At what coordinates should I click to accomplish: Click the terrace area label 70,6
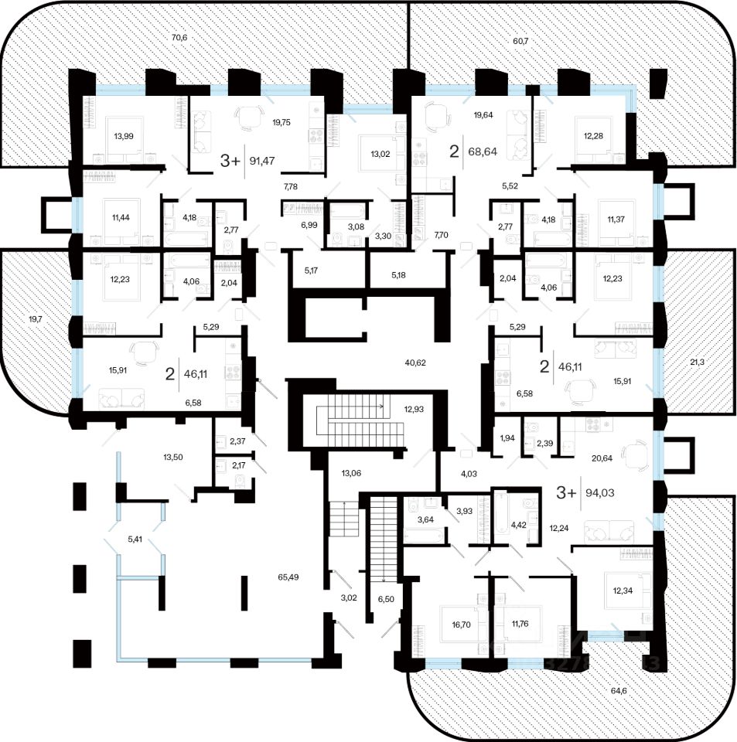(179, 37)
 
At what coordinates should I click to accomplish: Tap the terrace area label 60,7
(520, 41)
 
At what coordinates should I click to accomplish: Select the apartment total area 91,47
(262, 161)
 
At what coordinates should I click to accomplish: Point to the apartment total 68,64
(483, 151)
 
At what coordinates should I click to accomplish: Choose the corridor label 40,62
(415, 363)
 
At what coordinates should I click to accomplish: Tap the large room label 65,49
(288, 577)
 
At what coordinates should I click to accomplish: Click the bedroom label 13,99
(124, 136)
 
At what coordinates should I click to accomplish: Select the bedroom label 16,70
(461, 625)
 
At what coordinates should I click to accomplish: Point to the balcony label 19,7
(36, 319)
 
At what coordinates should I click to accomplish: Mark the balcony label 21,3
(697, 362)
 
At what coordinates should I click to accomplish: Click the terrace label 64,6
(618, 690)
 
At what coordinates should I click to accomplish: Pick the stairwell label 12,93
(414, 410)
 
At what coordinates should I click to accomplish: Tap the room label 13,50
(172, 457)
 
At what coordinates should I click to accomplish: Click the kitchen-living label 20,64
(602, 458)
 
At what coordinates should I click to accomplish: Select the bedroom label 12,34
(623, 591)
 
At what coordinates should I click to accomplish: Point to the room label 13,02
(380, 154)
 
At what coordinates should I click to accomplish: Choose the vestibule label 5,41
(135, 538)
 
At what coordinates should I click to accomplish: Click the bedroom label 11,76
(520, 624)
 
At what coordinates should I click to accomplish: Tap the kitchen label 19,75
(281, 122)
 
